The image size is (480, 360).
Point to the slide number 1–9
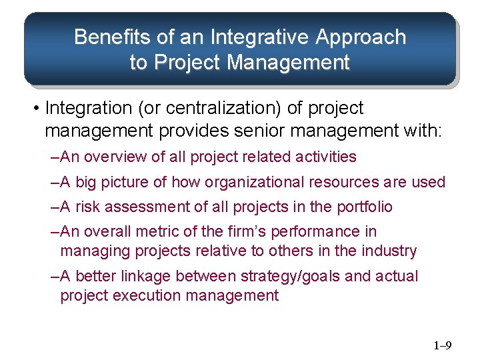pyautogui.click(x=443, y=345)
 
